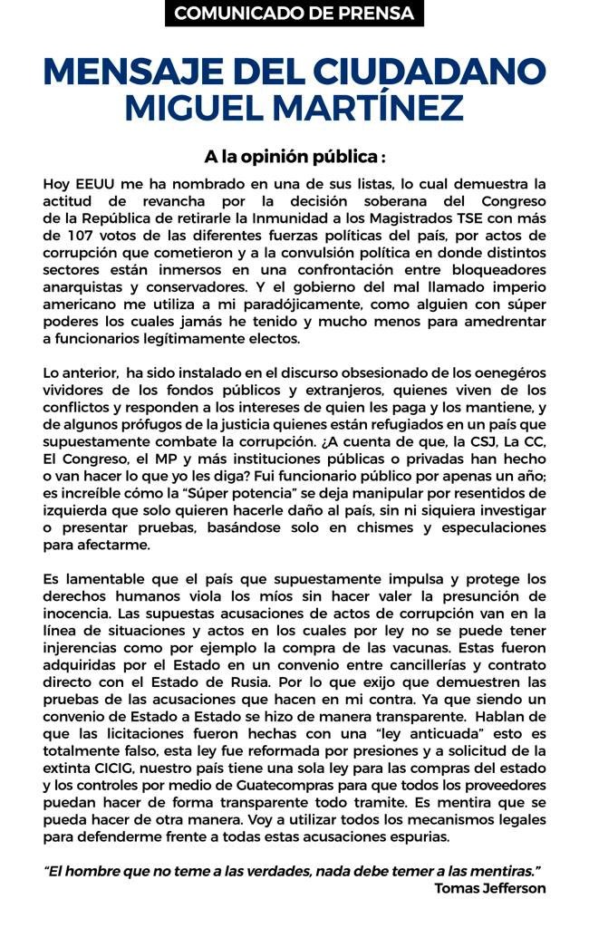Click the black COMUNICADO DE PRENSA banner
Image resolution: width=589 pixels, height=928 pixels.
pos(294,14)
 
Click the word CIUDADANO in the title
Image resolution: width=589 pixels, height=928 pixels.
pos(428,72)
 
